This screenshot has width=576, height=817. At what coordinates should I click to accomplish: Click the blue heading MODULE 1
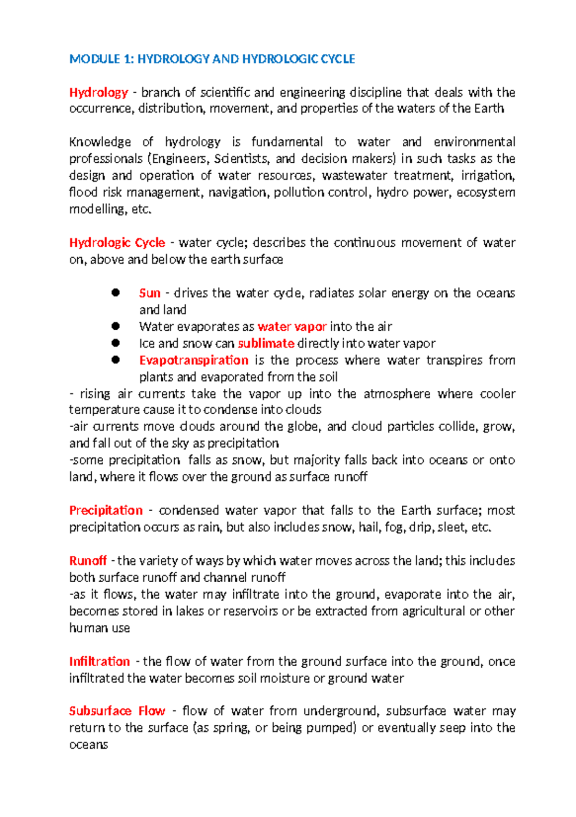(x=212, y=59)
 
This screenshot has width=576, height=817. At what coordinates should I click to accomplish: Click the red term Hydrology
(x=98, y=92)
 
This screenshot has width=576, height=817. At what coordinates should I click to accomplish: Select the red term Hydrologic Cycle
(x=117, y=243)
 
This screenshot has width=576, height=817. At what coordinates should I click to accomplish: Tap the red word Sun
(x=149, y=293)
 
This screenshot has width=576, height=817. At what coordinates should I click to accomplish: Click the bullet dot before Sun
(x=115, y=293)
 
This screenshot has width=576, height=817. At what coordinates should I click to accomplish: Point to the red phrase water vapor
(x=292, y=327)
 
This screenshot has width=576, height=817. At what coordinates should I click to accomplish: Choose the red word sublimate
(x=266, y=344)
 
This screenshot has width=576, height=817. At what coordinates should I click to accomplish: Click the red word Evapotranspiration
(x=193, y=360)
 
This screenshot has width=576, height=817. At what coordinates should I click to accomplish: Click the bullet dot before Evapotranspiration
(x=115, y=360)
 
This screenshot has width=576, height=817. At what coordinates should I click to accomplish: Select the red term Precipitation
(x=106, y=510)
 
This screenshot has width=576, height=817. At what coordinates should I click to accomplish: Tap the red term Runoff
(x=88, y=561)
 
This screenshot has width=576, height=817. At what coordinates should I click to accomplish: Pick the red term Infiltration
(x=99, y=661)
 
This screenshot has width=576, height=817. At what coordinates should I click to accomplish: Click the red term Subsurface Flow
(x=117, y=711)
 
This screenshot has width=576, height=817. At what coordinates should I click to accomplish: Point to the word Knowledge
(x=100, y=142)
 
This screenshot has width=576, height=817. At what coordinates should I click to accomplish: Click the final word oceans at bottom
(x=88, y=745)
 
